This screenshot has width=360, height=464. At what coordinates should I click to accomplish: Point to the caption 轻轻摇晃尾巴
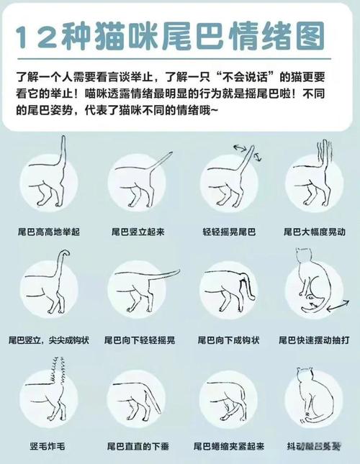(x=229, y=232)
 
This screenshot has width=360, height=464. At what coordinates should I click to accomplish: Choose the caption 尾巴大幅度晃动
(x=315, y=232)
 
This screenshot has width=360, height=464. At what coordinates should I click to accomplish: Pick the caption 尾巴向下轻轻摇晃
(x=140, y=340)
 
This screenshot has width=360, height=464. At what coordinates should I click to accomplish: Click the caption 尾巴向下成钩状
(x=228, y=340)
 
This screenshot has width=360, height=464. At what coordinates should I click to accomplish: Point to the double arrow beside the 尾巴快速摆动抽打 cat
(x=336, y=307)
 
